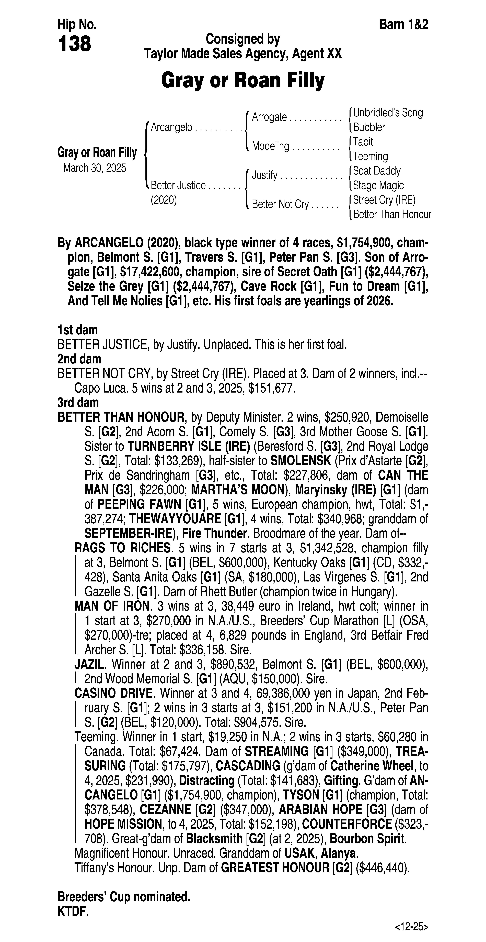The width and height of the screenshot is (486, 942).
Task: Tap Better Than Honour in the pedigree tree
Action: pyautogui.click(x=392, y=214)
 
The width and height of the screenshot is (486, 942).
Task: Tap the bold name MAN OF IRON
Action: pyautogui.click(x=112, y=606)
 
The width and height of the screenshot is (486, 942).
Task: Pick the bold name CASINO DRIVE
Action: pyautogui.click(x=113, y=693)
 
